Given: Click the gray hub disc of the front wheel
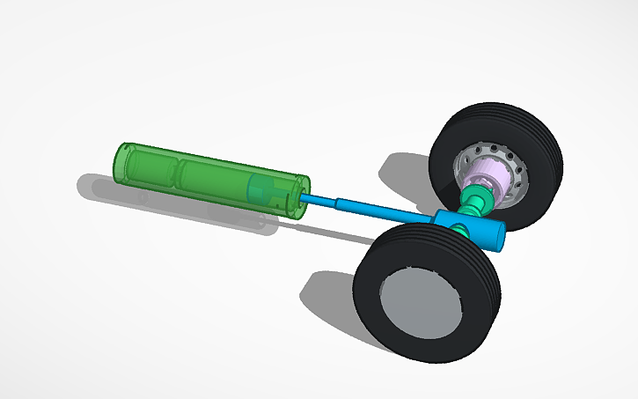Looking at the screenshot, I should point(421,304).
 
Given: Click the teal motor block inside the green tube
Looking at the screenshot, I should point(264,189).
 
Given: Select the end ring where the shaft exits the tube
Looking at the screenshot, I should point(303,196).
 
